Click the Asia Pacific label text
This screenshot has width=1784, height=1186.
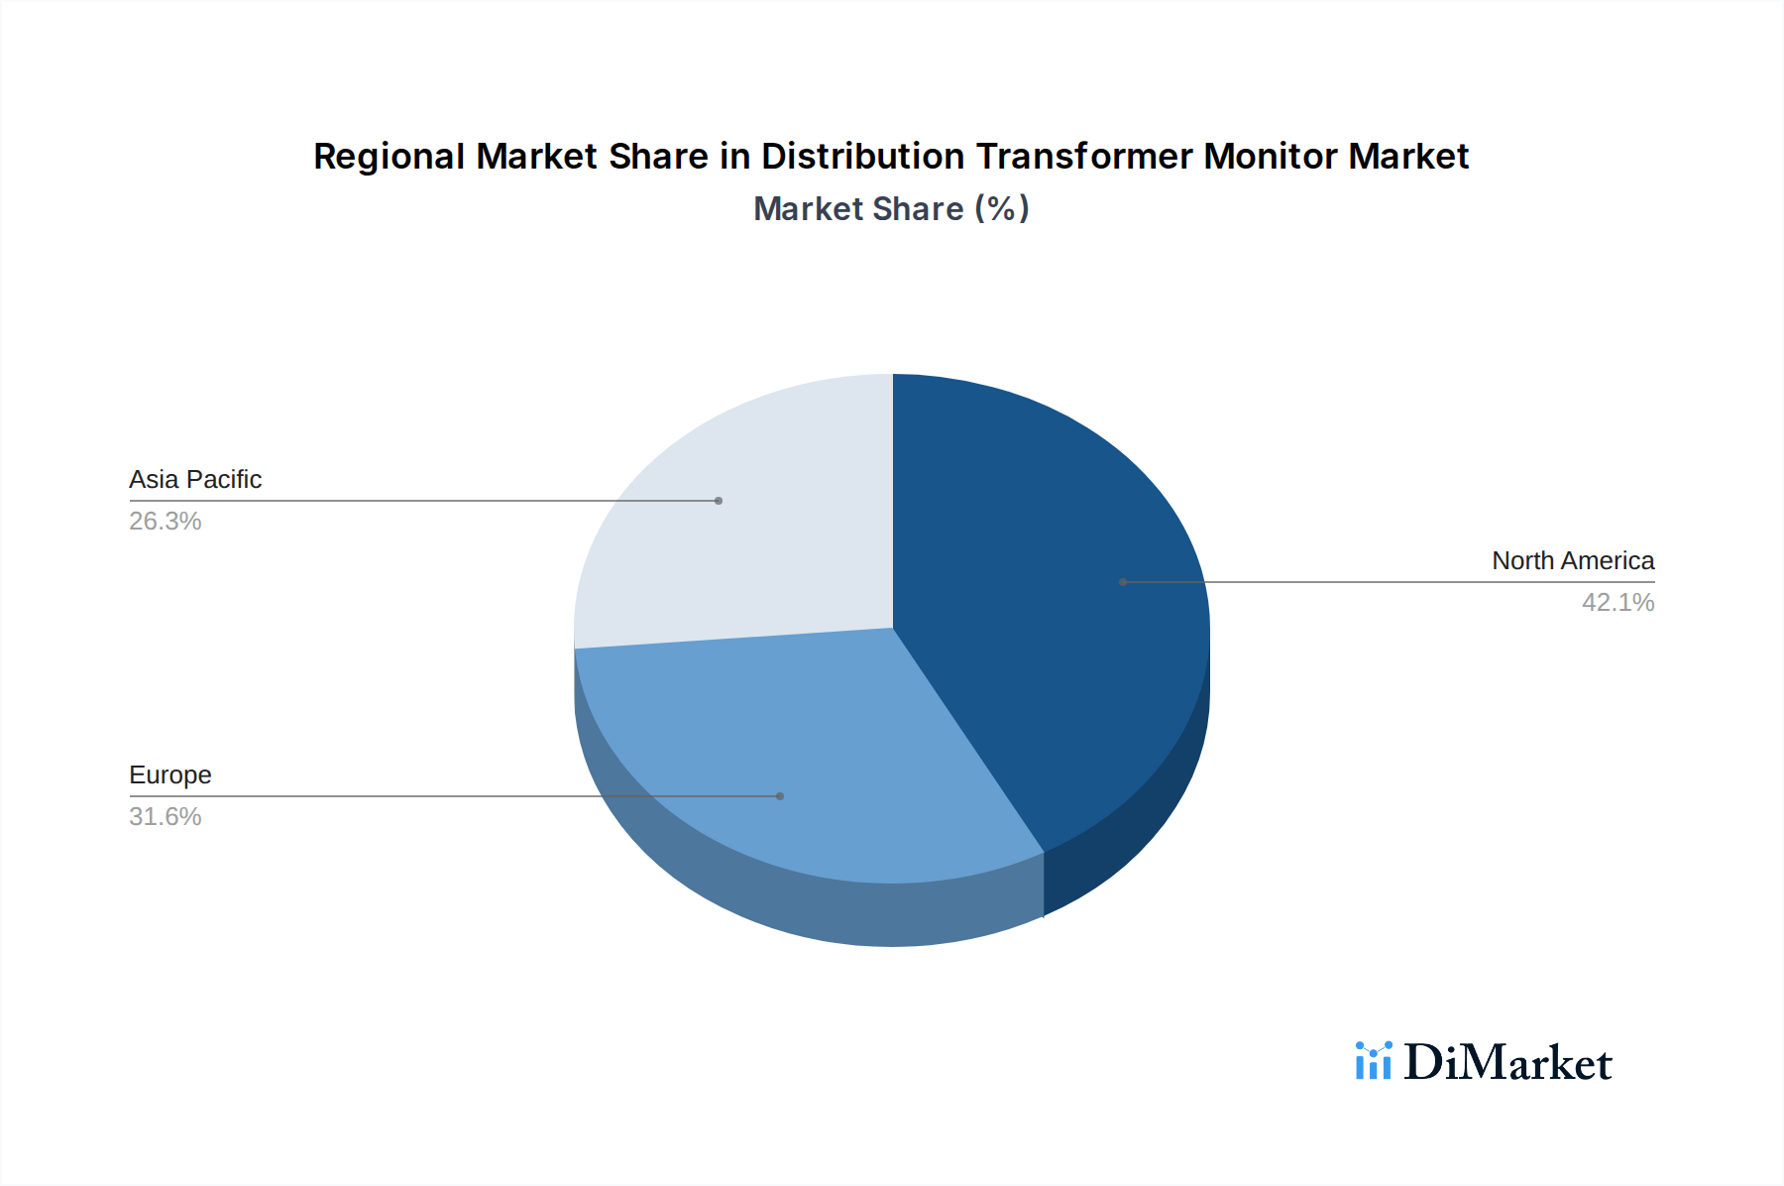pyautogui.click(x=195, y=480)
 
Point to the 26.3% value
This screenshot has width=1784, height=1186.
pyautogui.click(x=166, y=522)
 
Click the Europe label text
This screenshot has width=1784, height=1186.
pyautogui.click(x=170, y=775)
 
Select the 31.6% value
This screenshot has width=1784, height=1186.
pyautogui.click(x=166, y=817)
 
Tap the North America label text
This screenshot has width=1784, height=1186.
pyautogui.click(x=1573, y=561)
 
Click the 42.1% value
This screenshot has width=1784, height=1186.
pyautogui.click(x=1617, y=603)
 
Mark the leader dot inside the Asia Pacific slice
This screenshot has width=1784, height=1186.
pyautogui.click(x=719, y=501)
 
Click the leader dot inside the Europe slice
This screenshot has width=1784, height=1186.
pyautogui.click(x=780, y=796)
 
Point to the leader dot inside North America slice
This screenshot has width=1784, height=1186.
pyautogui.click(x=1123, y=582)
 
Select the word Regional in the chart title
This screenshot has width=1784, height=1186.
pyautogui.click(x=389, y=157)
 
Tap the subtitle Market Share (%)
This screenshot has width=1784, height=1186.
pyautogui.click(x=891, y=209)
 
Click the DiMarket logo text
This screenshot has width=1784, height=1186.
pyautogui.click(x=1507, y=1063)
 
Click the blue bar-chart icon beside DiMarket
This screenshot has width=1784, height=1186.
pyautogui.click(x=1374, y=1061)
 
